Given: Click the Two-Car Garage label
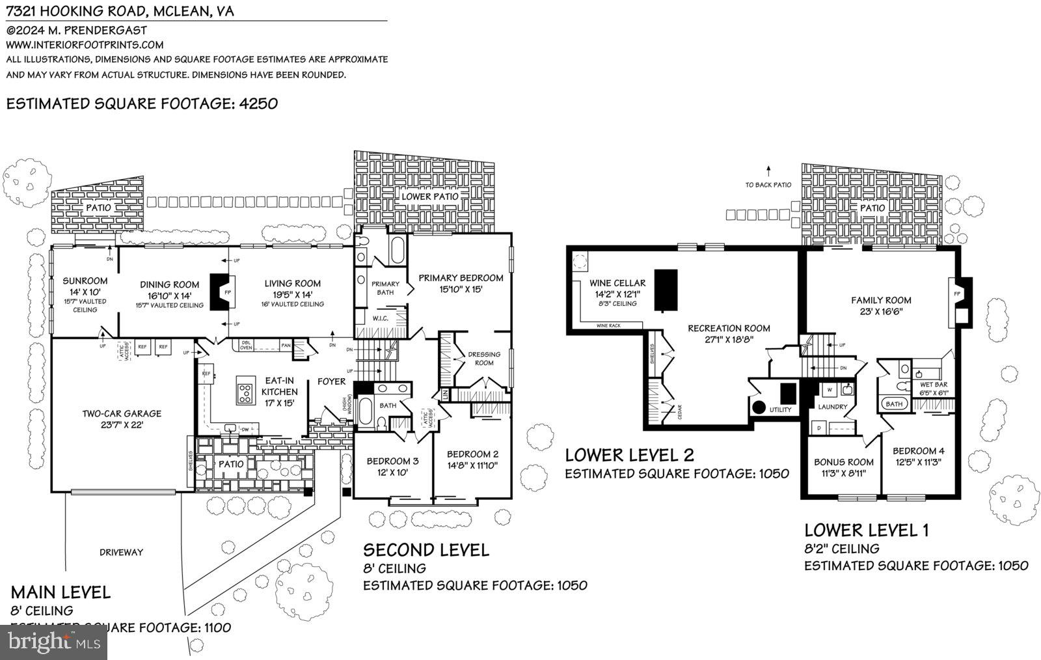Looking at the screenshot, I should pyautogui.click(x=122, y=413).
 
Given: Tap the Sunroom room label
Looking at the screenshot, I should pyautogui.click(x=85, y=281).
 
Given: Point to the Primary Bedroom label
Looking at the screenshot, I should pyautogui.click(x=461, y=278).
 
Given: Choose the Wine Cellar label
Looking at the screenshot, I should pyautogui.click(x=617, y=283).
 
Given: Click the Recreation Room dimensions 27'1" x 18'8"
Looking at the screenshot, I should pyautogui.click(x=729, y=339).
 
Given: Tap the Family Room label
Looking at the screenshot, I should pyautogui.click(x=881, y=300).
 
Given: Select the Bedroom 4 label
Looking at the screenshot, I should pyautogui.click(x=918, y=451).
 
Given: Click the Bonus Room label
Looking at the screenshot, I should pyautogui.click(x=844, y=462).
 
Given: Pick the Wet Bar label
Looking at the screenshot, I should pyautogui.click(x=934, y=384).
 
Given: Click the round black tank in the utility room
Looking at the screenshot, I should pyautogui.click(x=759, y=409).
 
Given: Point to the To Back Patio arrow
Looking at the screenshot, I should pyautogui.click(x=768, y=172).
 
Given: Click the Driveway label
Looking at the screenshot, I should pyautogui.click(x=122, y=552).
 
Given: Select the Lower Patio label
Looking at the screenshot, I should pyautogui.click(x=429, y=196).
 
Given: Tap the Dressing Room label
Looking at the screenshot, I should pyautogui.click(x=484, y=359).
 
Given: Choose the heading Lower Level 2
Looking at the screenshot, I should pyautogui.click(x=629, y=454).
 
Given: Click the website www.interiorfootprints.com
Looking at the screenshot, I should pyautogui.click(x=85, y=45).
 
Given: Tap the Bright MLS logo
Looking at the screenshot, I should pyautogui.click(x=52, y=642).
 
